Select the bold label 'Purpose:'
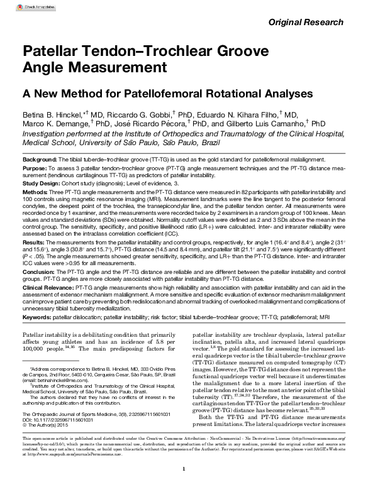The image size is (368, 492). tap(36, 170)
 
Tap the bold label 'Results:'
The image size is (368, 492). tap(35, 241)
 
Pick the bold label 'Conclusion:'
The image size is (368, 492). tap(40, 271)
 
